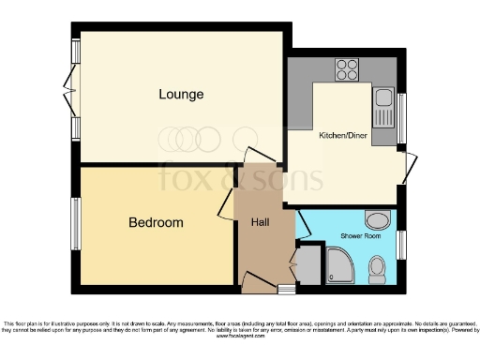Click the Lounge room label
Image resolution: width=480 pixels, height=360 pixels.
[181, 95]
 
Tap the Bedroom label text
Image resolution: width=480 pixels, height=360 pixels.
[156, 223]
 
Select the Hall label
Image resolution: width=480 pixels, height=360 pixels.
[261, 223]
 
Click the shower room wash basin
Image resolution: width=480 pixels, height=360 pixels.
[377, 220]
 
